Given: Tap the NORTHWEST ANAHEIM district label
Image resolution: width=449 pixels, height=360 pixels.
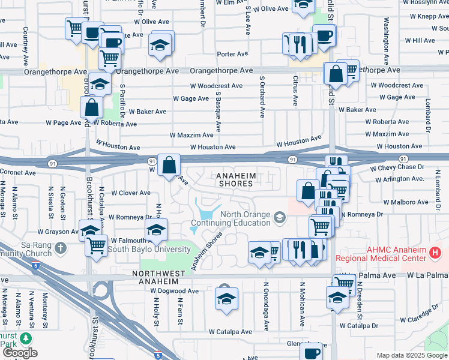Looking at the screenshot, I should coord(159,277).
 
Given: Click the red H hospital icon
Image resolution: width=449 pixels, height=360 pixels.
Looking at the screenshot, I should coord(436,253).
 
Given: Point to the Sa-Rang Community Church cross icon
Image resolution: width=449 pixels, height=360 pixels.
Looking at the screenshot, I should coord(60,247).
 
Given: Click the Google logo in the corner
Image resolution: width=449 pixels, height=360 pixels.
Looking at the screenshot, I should coord(20,353).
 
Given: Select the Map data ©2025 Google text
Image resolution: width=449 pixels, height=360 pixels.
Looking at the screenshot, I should coord(412,355).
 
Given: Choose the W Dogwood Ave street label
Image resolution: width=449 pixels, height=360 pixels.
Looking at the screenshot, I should coord(174,291).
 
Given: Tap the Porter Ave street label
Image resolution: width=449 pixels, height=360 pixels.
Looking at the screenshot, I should coord(233,54).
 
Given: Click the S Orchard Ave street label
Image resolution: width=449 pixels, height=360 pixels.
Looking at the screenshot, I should coord(262,96).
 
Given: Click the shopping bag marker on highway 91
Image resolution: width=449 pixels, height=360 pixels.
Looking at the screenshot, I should coord(169,165).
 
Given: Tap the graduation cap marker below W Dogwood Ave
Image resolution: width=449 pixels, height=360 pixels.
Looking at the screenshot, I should coord(227,299).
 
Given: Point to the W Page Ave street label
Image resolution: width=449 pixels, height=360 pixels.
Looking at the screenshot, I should coord(64,123).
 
